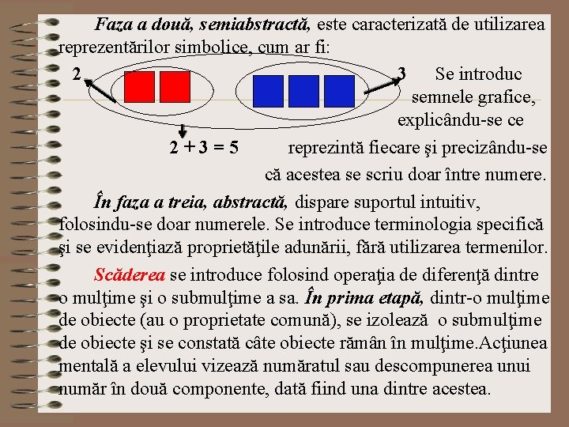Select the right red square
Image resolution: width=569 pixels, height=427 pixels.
click(x=175, y=88)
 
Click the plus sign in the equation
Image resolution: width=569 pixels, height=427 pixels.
click(x=189, y=148)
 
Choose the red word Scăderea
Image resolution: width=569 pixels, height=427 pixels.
click(x=130, y=275)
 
